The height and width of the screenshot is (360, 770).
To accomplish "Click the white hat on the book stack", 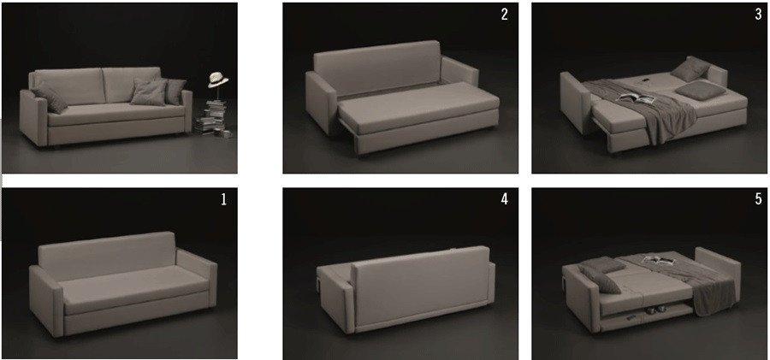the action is pos(217,80).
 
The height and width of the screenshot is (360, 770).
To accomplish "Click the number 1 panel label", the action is pos(224,199).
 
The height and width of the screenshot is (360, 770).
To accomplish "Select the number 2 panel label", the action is pos(504,15).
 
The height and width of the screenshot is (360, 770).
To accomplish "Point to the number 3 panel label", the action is pos(758,15).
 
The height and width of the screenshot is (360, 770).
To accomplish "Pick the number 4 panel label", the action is pos(504,199).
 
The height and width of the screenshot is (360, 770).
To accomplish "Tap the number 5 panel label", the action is pos(758,199).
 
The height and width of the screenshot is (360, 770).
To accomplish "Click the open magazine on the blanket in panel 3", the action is pos(637,98).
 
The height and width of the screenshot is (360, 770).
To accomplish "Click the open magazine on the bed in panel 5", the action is pos(657,260).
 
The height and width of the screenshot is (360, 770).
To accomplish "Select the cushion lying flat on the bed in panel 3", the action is pos(700,91).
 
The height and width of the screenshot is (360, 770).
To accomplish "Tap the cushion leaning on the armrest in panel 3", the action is pos(690,69).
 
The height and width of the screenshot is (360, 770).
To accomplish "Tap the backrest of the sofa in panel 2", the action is pos(376,68).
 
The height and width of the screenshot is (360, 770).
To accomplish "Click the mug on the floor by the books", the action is pos(227,133).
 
